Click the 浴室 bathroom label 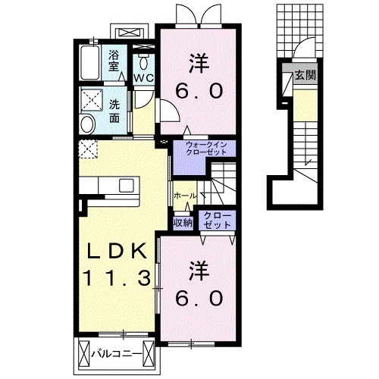114,61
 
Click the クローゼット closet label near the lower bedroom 217,221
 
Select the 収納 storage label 182,222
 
